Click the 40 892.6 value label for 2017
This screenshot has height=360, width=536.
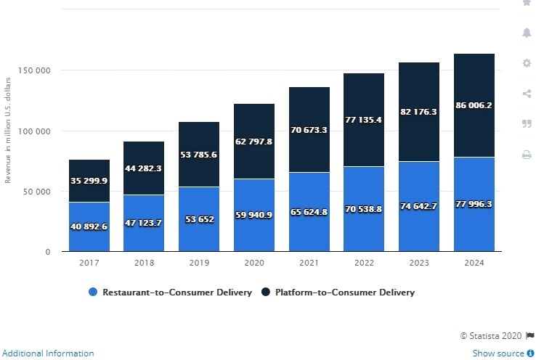[x=89, y=226]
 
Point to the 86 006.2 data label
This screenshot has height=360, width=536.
[x=474, y=105]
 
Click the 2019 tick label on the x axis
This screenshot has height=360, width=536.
[x=199, y=263]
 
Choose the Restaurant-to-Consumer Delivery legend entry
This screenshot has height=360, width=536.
[x=171, y=292]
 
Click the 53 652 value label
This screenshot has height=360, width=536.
[x=199, y=219]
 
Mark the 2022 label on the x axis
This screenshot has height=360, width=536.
[x=364, y=263]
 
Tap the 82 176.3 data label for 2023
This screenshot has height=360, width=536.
[x=419, y=112]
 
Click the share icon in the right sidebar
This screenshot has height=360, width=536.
[x=527, y=94]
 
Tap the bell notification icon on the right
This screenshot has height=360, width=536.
[x=527, y=33]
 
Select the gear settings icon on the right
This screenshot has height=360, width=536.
[x=527, y=63]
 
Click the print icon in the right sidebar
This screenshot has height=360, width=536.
[x=527, y=154]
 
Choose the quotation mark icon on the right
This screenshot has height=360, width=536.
[x=527, y=124]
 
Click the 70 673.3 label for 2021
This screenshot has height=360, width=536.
[x=309, y=130]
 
